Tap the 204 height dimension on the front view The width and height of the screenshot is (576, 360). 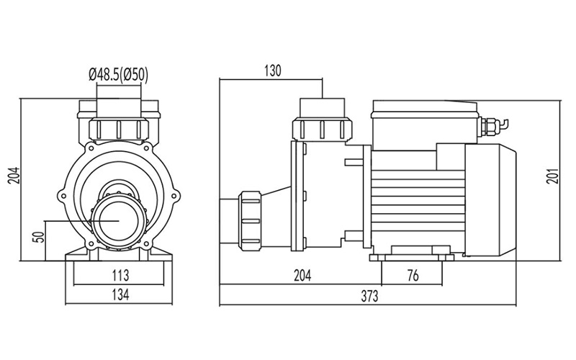(x=12, y=177)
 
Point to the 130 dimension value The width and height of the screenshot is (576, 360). (x=272, y=71)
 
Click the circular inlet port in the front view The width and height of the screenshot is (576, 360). (x=117, y=220)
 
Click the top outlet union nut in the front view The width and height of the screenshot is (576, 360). (x=118, y=129)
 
